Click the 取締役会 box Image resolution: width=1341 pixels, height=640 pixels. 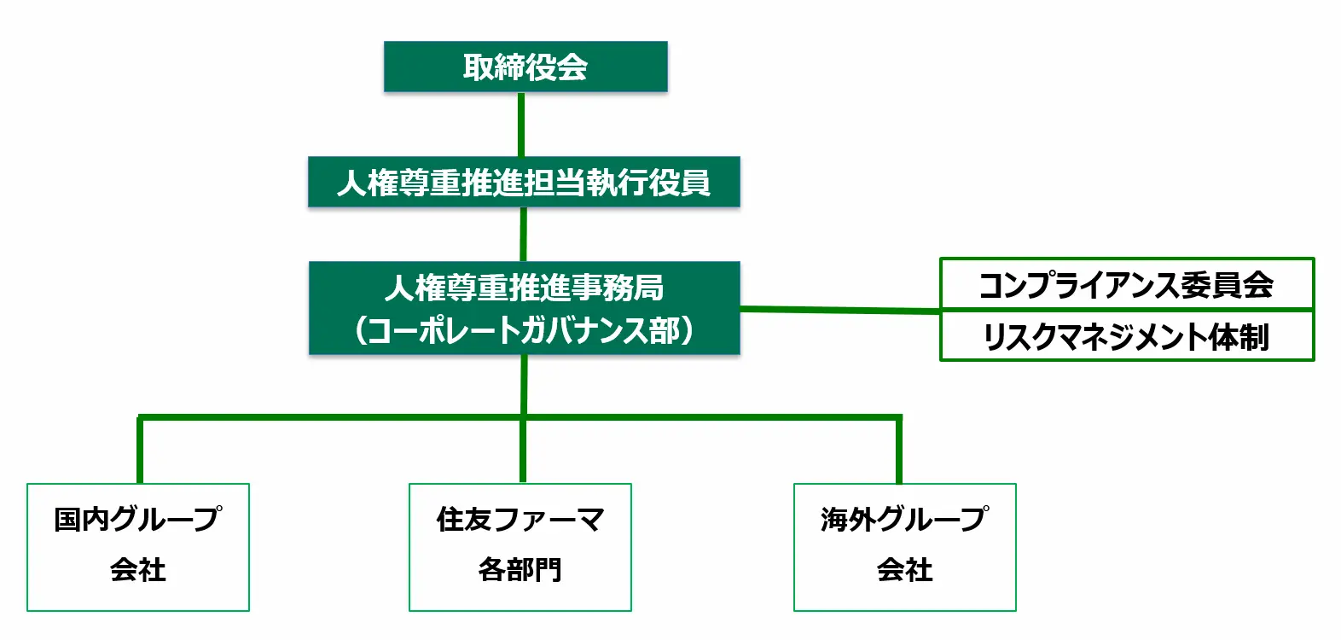coord(525,67)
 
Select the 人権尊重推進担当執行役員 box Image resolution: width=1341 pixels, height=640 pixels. coord(524,182)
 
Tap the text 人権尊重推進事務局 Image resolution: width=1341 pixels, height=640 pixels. coord(524,288)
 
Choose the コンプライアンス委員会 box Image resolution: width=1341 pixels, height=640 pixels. coord(1126,284)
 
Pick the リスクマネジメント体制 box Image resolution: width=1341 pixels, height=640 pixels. coord(1126,336)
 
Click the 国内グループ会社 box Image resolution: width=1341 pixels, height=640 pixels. coord(138,547)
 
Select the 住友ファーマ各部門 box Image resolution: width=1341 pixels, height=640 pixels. coord(520,547)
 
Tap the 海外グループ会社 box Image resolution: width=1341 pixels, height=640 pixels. coord(905,547)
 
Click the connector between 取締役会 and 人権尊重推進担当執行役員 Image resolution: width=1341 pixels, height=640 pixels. coord(521,124)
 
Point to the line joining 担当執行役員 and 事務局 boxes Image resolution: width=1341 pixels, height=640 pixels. coord(523,234)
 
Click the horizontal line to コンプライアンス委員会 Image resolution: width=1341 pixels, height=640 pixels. coord(840,310)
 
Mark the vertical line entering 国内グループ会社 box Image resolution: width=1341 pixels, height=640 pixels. coord(140,451)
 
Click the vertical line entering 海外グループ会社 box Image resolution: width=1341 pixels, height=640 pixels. coord(899,451)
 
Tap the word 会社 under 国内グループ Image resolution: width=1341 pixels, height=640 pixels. coord(138,570)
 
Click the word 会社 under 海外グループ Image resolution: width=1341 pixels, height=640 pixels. coord(905,570)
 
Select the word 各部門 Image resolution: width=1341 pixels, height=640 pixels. coord(520,570)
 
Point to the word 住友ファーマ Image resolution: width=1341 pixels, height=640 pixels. coord(520,519)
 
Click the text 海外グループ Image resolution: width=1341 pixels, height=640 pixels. coord(905,519)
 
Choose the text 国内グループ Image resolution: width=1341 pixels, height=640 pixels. coord(138,519)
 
